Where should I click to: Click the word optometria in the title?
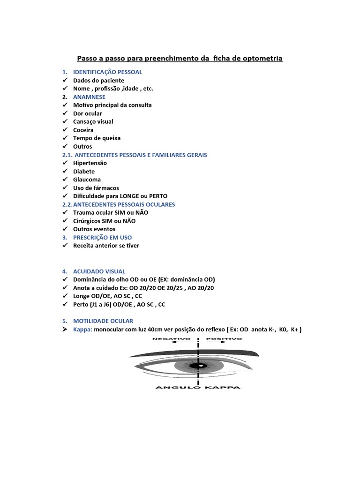[x=260, y=59]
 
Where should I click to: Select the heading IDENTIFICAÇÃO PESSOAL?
[x=107, y=72]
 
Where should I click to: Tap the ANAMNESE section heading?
[x=89, y=97]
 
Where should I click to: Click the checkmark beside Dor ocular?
[x=65, y=113]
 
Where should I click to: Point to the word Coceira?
[x=83, y=130]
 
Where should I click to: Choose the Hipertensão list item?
[x=90, y=163]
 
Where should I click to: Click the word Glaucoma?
[x=87, y=180]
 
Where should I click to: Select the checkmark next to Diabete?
[x=65, y=172]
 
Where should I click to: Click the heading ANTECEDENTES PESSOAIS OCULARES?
[x=124, y=204]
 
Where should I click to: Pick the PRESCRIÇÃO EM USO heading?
[x=102, y=238]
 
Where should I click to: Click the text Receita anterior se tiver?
[x=106, y=246]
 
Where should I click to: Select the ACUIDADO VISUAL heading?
[x=99, y=271]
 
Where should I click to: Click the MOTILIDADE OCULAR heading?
[x=103, y=321]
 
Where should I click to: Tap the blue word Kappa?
[x=82, y=330]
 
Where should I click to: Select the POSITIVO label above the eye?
[x=224, y=338]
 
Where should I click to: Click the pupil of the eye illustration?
[x=200, y=366]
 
